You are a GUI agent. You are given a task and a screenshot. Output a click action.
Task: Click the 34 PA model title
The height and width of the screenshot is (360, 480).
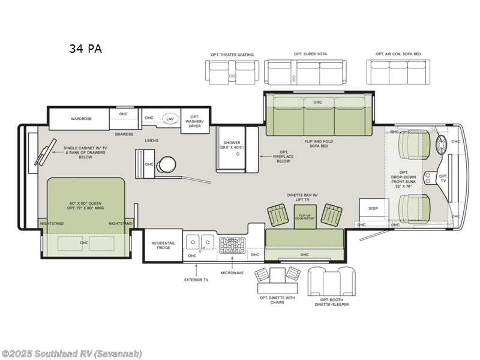click(x=85, y=49)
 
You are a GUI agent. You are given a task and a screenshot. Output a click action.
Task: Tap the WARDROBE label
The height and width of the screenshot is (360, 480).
click(x=80, y=119)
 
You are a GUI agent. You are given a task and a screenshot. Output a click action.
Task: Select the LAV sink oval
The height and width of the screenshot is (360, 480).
click(x=170, y=119)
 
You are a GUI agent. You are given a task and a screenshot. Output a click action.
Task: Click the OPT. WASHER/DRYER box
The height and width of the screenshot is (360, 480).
click(x=195, y=121)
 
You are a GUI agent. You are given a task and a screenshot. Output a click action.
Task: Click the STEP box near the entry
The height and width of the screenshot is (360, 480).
click(x=373, y=208)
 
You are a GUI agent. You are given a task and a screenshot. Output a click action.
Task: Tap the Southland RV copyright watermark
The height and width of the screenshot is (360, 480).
click(x=72, y=353)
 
